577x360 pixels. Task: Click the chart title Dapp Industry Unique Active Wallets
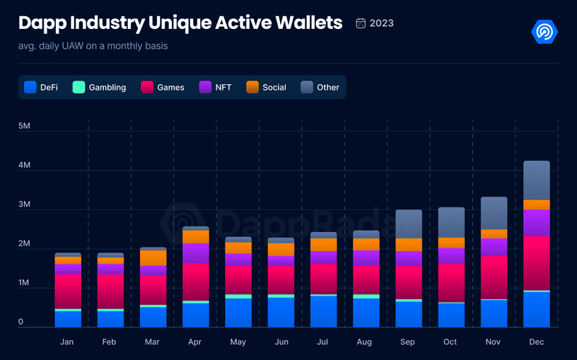coord(180,23)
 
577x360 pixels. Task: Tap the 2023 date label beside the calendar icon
coord(381,23)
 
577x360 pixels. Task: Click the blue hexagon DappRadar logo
coord(544,32)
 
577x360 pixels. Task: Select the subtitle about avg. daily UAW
coord(93,47)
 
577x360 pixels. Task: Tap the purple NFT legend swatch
coord(205,87)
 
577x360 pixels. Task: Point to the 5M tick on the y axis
coord(25,126)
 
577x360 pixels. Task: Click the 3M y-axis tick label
coord(25,204)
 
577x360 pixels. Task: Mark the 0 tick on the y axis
coord(21,322)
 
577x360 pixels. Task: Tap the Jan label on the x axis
coord(67,342)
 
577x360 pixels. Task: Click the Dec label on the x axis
coord(536,342)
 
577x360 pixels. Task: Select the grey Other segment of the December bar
coord(536,180)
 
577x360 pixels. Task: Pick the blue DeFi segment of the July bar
coord(323,311)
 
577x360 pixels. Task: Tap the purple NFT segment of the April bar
coord(195,252)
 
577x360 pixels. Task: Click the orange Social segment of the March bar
coord(153,257)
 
